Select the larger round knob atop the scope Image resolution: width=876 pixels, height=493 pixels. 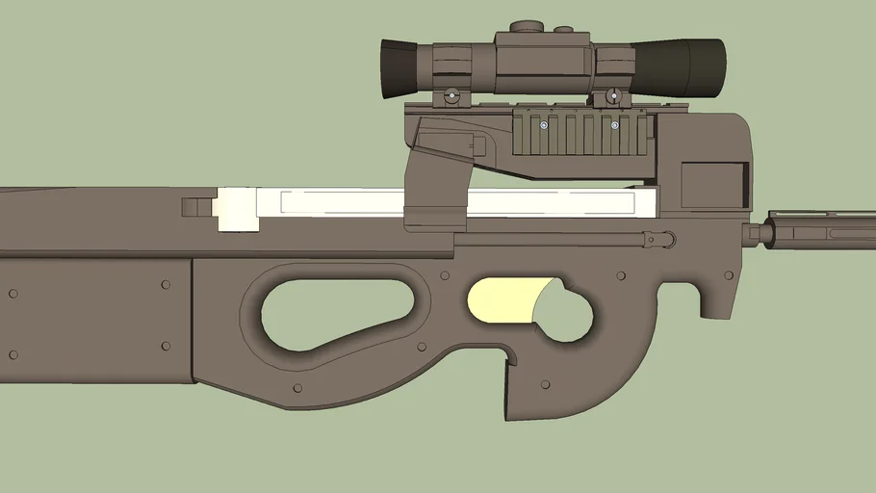(x=525, y=27)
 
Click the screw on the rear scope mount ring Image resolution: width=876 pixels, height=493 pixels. (x=451, y=96)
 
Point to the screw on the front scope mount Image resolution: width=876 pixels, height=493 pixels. (x=611, y=96)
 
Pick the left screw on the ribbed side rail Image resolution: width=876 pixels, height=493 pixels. (x=544, y=125)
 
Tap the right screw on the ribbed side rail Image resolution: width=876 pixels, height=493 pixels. (x=614, y=125)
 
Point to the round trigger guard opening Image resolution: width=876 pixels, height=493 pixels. (x=563, y=308)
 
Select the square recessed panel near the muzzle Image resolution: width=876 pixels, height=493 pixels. (x=713, y=185)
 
